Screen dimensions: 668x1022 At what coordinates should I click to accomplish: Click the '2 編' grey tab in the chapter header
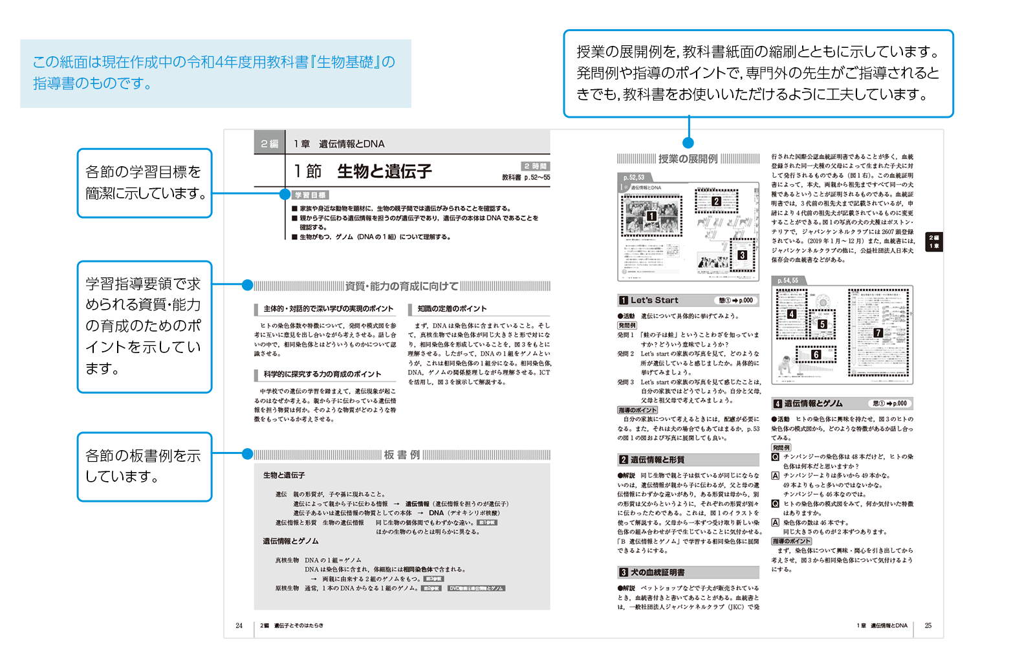pos(269,144)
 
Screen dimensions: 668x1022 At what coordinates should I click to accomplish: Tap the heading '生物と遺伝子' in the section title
pos(384,171)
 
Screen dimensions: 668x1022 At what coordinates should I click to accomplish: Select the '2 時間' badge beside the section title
pos(536,166)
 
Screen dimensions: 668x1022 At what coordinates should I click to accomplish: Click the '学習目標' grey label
pos(310,195)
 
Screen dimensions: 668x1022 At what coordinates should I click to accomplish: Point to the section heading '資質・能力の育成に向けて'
pos(402,286)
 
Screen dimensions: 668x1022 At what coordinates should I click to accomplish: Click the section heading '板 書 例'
pos(402,455)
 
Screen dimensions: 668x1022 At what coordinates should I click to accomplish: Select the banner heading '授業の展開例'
pos(688,159)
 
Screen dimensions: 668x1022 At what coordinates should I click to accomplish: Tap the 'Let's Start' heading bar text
pos(655,300)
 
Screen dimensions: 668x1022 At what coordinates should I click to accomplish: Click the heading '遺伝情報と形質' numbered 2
pos(657,460)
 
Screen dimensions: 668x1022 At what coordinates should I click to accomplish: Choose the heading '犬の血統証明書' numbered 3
pos(657,572)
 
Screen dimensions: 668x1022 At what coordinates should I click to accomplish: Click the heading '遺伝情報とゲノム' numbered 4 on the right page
pos(813,404)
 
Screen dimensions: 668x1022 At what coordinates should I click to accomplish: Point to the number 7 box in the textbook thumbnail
pos(878,332)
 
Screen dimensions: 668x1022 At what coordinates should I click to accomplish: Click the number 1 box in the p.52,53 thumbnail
pos(651,216)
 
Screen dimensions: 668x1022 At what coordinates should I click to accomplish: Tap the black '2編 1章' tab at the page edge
pos(934,242)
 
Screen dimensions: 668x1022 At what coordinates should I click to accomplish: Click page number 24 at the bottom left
pos(239,625)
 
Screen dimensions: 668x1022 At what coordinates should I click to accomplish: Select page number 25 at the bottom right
pos(928,625)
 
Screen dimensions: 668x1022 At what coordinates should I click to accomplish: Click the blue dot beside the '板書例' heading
pos(247,454)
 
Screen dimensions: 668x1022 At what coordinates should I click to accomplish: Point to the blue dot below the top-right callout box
pos(688,143)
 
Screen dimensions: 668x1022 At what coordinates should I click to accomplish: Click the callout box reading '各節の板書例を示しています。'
pos(144,466)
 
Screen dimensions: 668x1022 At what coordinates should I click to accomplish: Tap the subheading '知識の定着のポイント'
pos(451,309)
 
